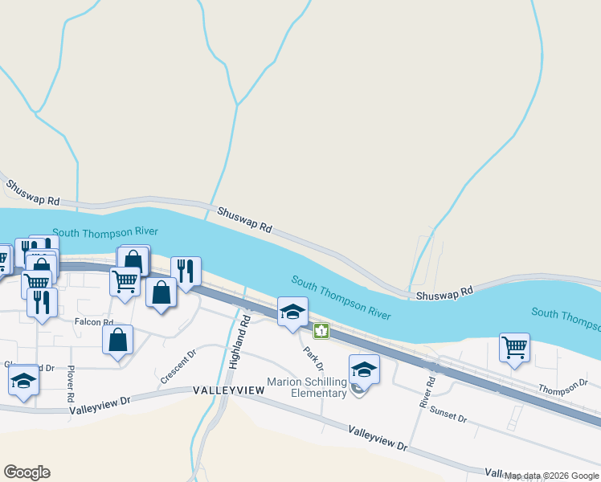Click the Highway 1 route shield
tap(321, 330)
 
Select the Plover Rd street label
tap(71, 386)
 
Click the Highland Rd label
tap(240, 342)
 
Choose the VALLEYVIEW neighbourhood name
tap(228, 390)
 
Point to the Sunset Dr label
tap(448, 417)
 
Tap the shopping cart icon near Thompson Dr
tap(514, 348)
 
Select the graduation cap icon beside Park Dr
tap(292, 311)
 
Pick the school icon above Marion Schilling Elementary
tap(364, 370)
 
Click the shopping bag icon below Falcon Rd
tap(118, 339)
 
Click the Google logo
tap(27, 472)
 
